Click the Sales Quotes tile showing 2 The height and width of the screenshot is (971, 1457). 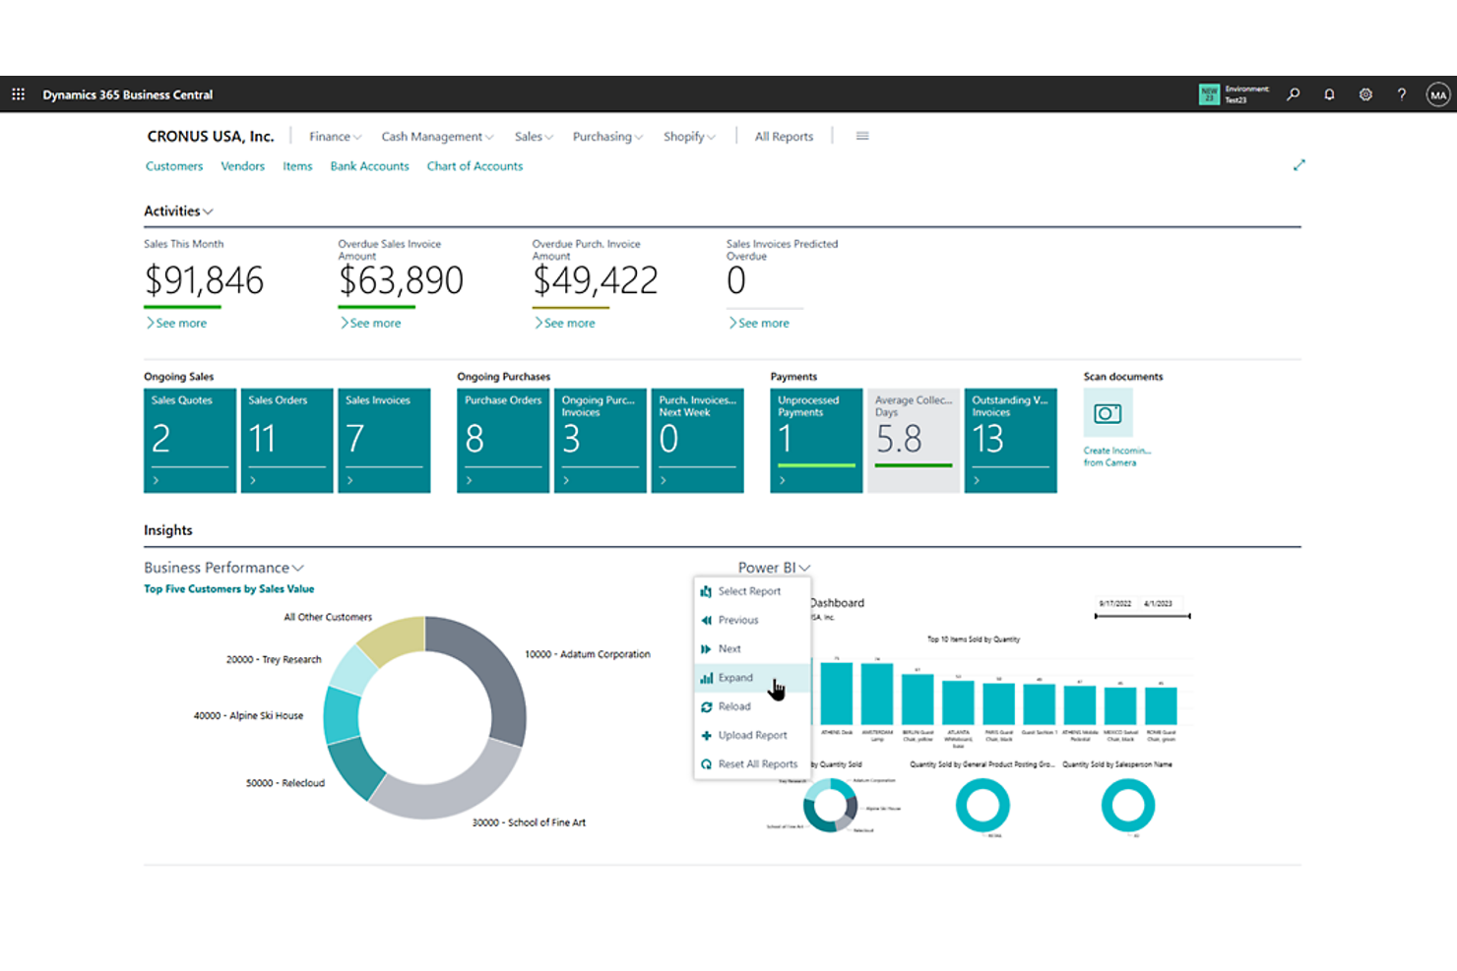[189, 440]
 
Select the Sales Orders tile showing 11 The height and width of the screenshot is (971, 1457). [286, 440]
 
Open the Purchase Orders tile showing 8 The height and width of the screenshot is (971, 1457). [502, 440]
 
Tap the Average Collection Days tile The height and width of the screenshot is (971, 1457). [913, 440]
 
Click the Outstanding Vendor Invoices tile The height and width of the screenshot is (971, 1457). [1010, 440]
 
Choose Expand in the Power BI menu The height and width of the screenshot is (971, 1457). [735, 678]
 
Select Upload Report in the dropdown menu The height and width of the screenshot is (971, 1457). [752, 735]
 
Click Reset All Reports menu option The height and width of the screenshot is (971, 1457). [757, 764]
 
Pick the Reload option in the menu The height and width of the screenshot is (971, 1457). [734, 706]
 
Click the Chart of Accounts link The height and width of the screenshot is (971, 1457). [475, 166]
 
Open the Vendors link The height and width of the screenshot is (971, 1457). [242, 166]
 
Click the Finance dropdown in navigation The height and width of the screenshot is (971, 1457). [335, 137]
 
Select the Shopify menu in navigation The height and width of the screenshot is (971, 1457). [688, 137]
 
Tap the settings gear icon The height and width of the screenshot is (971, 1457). [1365, 94]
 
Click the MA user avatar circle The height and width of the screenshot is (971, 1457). [1438, 94]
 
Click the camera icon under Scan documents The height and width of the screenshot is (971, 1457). [1108, 413]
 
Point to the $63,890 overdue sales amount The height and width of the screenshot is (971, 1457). [401, 281]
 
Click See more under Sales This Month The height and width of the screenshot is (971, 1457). [180, 323]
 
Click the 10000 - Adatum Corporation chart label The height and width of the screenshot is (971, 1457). [587, 654]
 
